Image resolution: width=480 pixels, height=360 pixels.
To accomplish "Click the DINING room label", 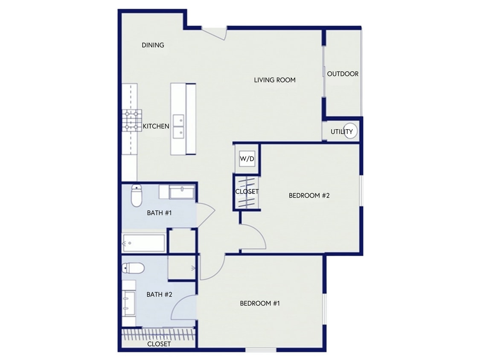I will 153,45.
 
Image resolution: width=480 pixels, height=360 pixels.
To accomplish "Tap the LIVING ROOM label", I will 275,80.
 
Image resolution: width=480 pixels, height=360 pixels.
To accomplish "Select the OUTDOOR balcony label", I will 343,74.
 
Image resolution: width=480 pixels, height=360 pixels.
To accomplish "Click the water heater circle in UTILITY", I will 351,131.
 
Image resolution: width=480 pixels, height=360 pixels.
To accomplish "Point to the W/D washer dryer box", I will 247,159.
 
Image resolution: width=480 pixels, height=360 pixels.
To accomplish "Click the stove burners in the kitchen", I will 131,120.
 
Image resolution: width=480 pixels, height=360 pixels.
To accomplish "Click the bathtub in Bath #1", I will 144,243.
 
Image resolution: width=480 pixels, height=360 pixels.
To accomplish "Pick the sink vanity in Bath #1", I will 182,192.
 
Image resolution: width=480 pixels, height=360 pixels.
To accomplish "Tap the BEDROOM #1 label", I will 259,303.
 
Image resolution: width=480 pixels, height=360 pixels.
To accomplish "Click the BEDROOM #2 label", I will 309,196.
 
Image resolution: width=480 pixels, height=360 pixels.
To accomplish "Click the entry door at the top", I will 214,33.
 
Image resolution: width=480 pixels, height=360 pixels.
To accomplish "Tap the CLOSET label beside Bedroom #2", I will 247,192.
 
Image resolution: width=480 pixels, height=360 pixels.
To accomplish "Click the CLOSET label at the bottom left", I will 159,344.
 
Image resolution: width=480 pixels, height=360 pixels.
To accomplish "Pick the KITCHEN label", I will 156,126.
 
